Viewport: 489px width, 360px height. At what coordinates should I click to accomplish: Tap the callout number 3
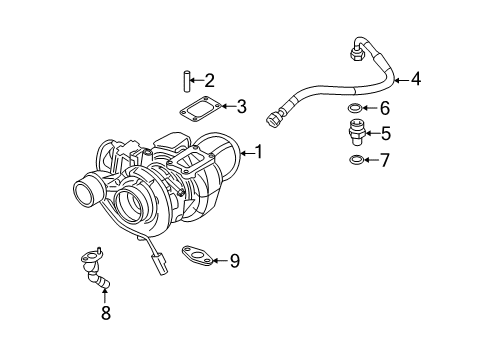[x=240, y=106]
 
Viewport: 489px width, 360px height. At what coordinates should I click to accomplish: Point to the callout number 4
[x=416, y=79]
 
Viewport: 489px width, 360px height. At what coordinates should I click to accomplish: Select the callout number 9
[x=234, y=261]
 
